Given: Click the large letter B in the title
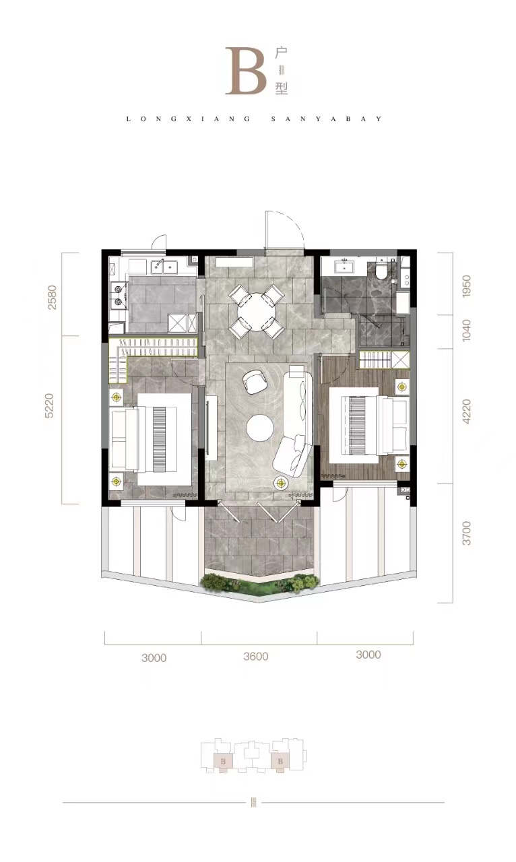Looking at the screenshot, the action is click(x=246, y=71).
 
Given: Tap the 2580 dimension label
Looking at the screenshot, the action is click(x=51, y=297).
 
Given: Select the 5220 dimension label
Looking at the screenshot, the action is click(x=50, y=405).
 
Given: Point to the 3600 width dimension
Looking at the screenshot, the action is click(x=256, y=656).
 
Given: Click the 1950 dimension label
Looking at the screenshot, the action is click(x=466, y=286).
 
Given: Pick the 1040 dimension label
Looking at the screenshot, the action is click(x=466, y=330).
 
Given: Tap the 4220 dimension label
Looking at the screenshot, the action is click(x=466, y=411).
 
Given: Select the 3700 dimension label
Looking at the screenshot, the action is click(x=466, y=533).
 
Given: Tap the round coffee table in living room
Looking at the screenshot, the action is click(x=260, y=428).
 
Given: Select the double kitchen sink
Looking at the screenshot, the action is click(x=164, y=267).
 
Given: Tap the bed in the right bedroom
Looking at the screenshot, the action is click(x=369, y=425).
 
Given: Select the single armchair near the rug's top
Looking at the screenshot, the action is click(x=254, y=381).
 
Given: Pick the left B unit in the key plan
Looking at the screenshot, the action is click(x=223, y=762).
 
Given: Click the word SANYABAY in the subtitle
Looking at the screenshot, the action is click(x=327, y=119).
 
